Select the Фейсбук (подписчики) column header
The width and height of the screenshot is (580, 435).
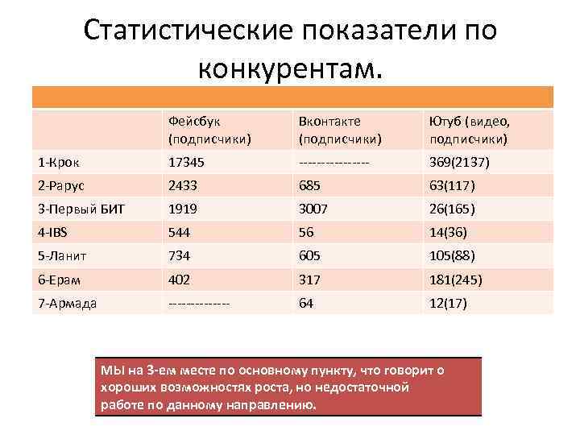[209, 130]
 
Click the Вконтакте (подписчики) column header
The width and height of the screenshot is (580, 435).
[339, 130]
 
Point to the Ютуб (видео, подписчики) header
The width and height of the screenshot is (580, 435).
[470, 130]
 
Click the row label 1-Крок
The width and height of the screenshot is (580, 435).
[60, 163]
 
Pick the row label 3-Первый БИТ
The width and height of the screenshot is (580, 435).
[81, 209]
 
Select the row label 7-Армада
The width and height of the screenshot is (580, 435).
[68, 303]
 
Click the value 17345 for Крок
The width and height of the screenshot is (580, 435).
[186, 163]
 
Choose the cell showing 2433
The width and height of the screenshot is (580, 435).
[182, 186]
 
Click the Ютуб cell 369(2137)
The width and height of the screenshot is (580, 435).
[460, 163]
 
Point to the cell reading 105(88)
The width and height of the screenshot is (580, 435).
[452, 256]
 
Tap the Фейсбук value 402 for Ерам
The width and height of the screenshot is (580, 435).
[179, 280]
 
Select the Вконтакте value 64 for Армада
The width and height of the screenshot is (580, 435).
[306, 303]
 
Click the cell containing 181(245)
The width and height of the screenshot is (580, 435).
[456, 280]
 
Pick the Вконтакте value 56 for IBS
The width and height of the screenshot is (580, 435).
[306, 233]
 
